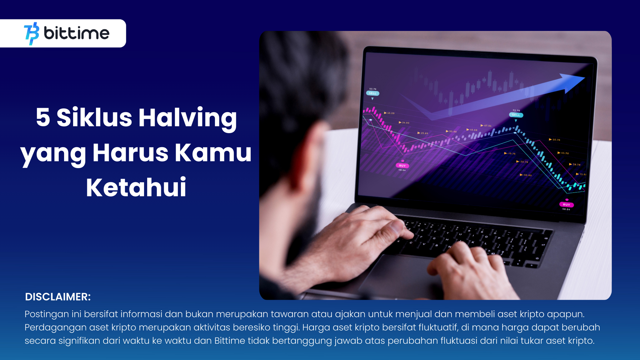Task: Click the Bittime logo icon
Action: (32, 33)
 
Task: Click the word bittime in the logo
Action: (77, 33)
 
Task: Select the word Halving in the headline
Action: (187, 118)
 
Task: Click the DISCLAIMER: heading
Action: (58, 297)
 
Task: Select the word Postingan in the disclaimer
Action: (47, 314)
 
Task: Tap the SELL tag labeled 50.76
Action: (372, 93)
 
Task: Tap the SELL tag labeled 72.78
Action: (516, 115)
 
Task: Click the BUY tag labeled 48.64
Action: (402, 166)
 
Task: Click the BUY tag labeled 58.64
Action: (566, 205)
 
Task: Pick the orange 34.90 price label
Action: (405, 123)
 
